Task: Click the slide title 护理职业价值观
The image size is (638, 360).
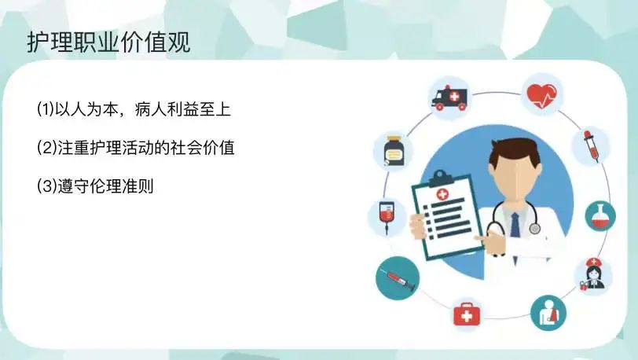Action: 108,42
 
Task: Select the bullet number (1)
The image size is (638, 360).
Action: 46,109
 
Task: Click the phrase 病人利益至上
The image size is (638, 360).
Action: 183,109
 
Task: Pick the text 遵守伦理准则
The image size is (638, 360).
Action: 105,186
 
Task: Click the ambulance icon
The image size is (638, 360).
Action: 449,98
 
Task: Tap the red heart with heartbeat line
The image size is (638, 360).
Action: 541,96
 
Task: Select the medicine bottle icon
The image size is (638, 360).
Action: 394,151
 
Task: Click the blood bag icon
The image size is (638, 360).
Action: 387,217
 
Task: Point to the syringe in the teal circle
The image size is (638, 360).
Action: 397,278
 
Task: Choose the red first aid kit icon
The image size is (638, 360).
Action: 467,314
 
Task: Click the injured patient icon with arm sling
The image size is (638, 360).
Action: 548,313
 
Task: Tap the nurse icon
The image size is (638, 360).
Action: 594,274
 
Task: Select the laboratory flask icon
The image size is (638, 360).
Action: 600,216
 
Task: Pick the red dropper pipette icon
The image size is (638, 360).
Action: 591,145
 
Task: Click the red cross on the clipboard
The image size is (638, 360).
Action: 442,194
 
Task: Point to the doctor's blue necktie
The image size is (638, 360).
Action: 515,225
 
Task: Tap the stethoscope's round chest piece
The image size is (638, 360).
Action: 534,229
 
